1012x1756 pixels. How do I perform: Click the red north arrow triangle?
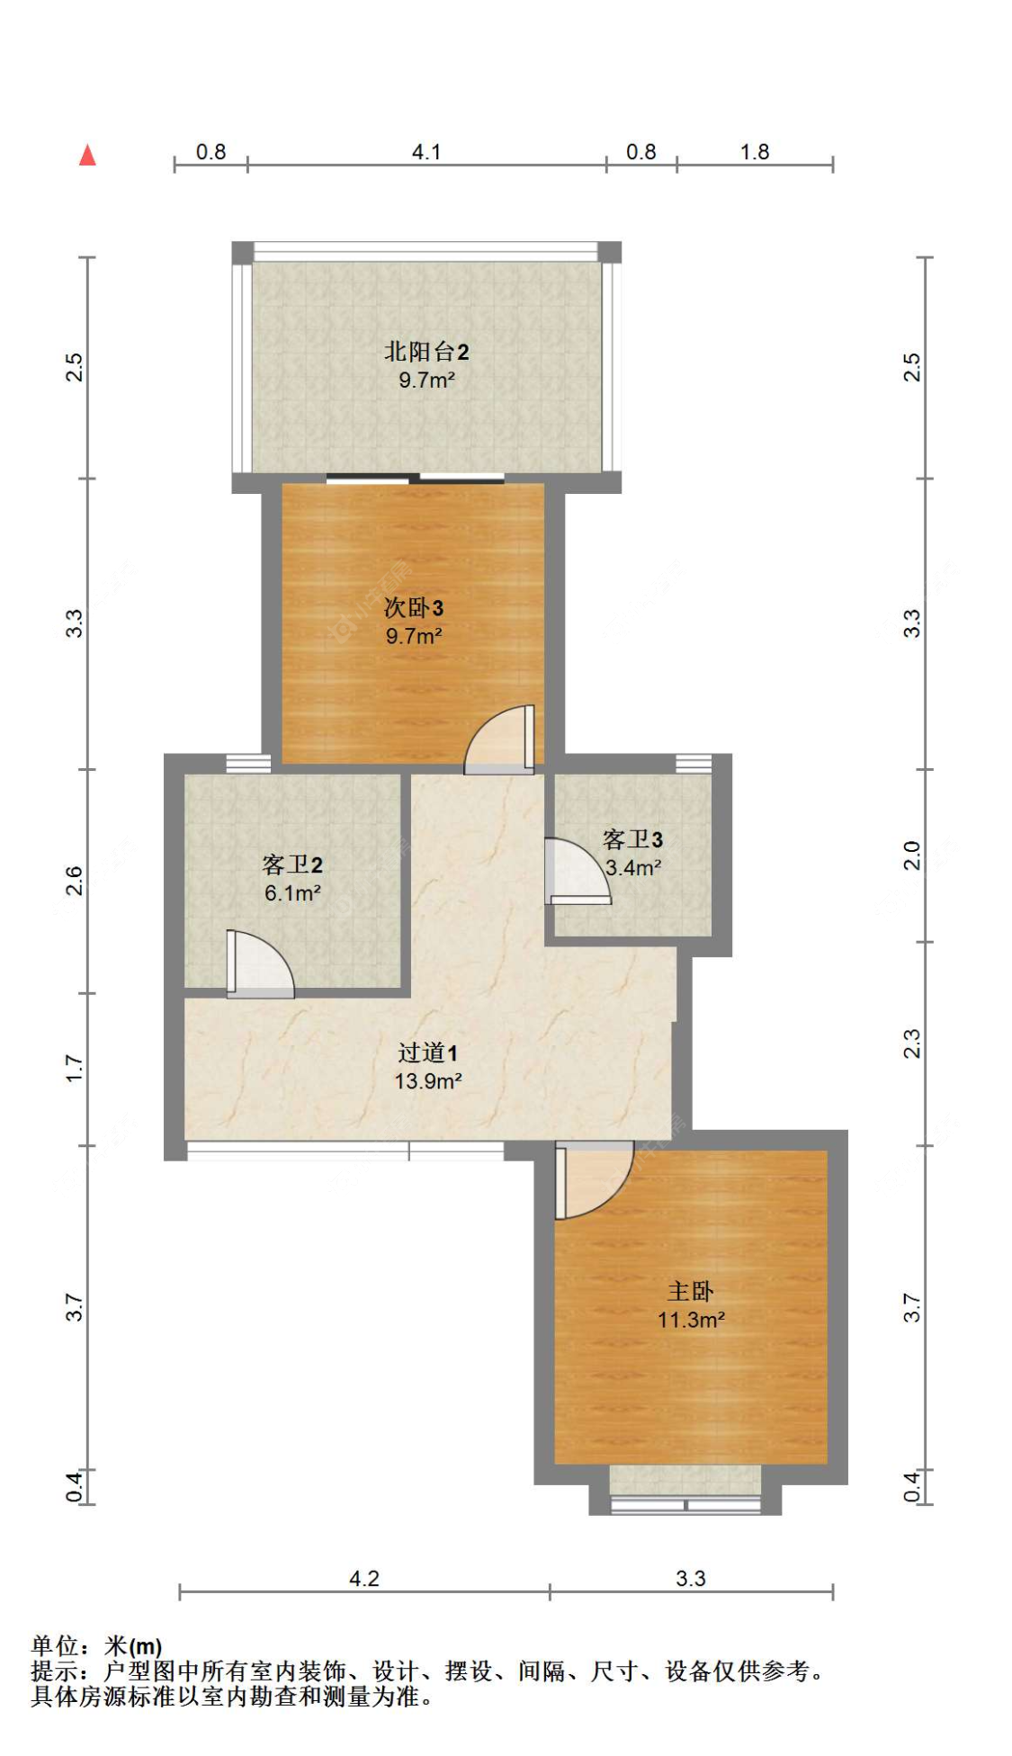(87, 156)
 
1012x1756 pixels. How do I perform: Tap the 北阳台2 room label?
(426, 352)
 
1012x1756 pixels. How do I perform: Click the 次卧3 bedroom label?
(414, 608)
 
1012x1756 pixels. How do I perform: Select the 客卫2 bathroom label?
(292, 865)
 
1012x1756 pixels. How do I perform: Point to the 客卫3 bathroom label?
(632, 840)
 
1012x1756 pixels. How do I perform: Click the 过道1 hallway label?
(428, 1053)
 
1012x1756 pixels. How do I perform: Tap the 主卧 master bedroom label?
(690, 1292)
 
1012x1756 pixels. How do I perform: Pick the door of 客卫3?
(576, 872)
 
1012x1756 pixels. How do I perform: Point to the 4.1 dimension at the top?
(426, 152)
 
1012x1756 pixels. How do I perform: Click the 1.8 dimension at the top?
(755, 152)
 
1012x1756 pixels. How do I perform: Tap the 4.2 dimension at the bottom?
(364, 1579)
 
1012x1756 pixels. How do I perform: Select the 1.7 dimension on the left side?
(74, 1069)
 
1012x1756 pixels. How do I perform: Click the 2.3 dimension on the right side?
(912, 1044)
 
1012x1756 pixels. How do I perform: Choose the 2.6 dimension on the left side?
(74, 880)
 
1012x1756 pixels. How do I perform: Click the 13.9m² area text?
(428, 1081)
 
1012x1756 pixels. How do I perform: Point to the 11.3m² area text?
(691, 1320)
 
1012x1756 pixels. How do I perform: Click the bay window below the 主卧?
(685, 1493)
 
